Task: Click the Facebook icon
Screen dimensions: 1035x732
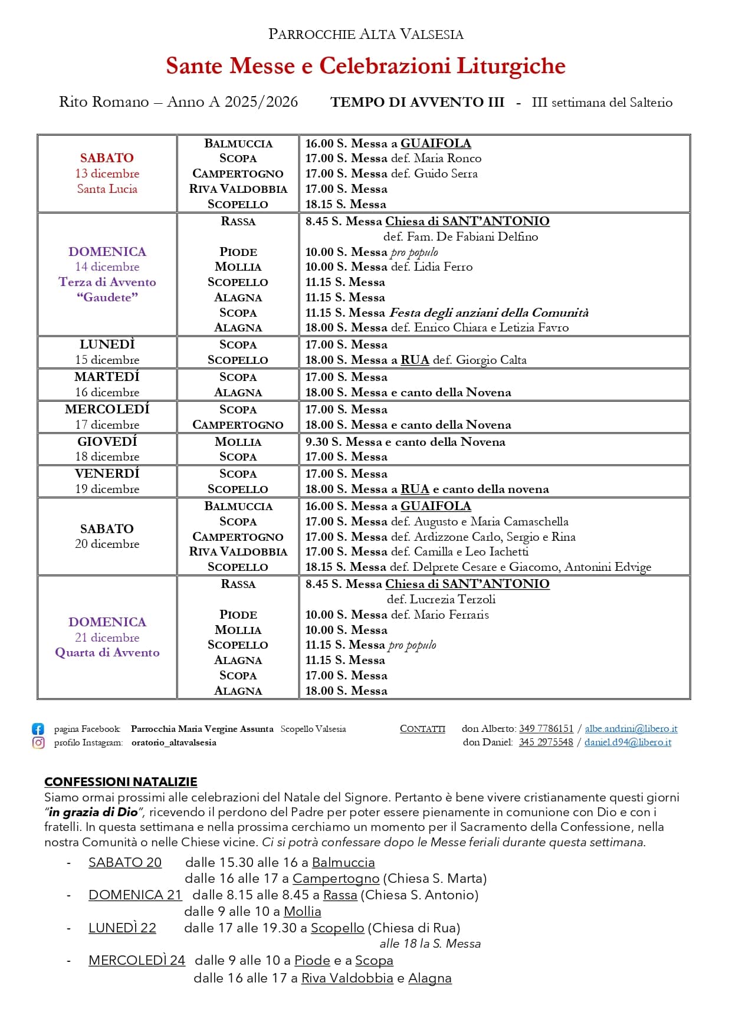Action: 38,729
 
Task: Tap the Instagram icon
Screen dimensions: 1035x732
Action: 38,742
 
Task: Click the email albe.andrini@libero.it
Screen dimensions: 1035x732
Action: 631,729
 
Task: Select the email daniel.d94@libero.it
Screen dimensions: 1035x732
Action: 628,742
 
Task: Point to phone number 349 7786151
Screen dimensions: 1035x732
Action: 546,729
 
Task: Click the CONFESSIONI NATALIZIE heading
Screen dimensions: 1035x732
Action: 120,782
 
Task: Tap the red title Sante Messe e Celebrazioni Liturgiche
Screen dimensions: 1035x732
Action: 365,66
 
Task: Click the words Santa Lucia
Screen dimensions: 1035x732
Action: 107,189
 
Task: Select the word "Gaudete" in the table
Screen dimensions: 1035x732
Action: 107,297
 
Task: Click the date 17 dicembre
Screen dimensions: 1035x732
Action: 107,425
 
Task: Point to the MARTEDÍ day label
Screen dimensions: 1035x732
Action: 107,377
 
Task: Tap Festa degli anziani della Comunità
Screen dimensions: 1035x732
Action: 488,313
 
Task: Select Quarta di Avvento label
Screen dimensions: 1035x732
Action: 107,653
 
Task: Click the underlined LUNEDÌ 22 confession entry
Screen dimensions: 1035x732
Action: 122,928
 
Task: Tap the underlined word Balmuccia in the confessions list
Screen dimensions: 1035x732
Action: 343,863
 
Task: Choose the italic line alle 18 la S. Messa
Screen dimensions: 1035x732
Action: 430,944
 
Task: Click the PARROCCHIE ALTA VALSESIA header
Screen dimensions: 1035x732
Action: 366,34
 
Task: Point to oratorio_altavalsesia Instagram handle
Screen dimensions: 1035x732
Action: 173,743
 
